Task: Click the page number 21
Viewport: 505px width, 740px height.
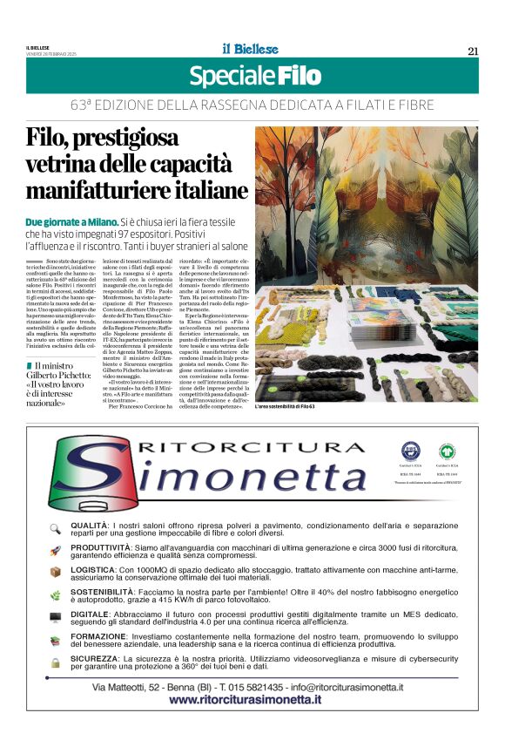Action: pyautogui.click(x=472, y=51)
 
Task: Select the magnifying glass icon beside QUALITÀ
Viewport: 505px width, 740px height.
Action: pyautogui.click(x=55, y=528)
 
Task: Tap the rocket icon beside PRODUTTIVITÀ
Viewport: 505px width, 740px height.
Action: pyautogui.click(x=55, y=550)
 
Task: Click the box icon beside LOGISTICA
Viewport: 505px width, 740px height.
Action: pyautogui.click(x=55, y=572)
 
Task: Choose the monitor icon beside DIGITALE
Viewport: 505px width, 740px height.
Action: pyautogui.click(x=55, y=617)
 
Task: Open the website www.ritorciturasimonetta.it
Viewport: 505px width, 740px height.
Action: pyautogui.click(x=252, y=701)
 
